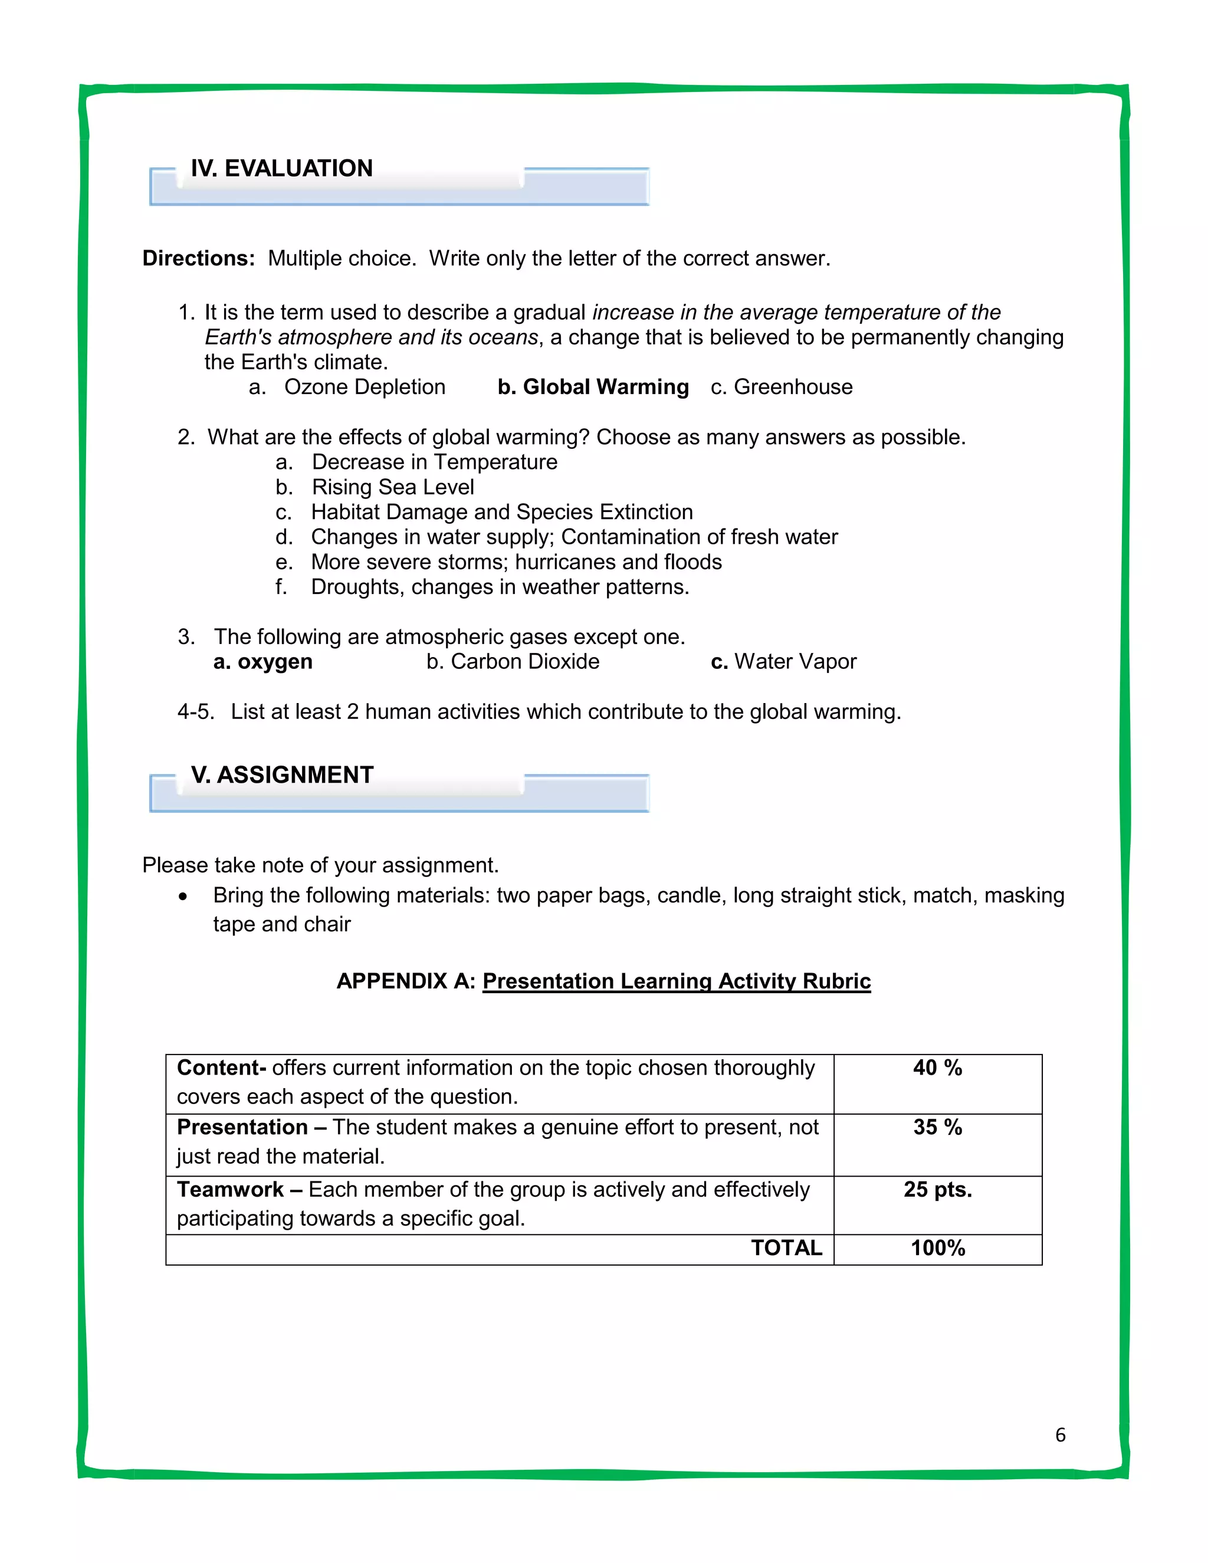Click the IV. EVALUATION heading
pyautogui.click(x=281, y=168)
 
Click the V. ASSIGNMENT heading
pyautogui.click(x=282, y=774)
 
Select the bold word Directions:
pyautogui.click(x=198, y=258)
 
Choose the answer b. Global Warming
pyautogui.click(x=593, y=387)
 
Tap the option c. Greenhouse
pyautogui.click(x=782, y=387)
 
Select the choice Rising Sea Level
pyautogui.click(x=392, y=487)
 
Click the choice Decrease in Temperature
pyautogui.click(x=434, y=462)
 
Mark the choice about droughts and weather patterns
pyautogui.click(x=500, y=587)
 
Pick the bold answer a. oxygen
pyautogui.click(x=262, y=662)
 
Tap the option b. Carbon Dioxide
pyautogui.click(x=513, y=662)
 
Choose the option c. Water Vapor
pyautogui.click(x=784, y=662)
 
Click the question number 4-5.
pyautogui.click(x=195, y=712)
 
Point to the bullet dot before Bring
pyautogui.click(x=184, y=897)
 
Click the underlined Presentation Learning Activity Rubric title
pyautogui.click(x=677, y=981)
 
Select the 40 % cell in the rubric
pyautogui.click(x=937, y=1068)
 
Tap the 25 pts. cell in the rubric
pyautogui.click(x=937, y=1190)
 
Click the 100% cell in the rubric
pyautogui.click(x=937, y=1248)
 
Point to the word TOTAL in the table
pyautogui.click(x=786, y=1248)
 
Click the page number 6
pyautogui.click(x=1060, y=1435)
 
